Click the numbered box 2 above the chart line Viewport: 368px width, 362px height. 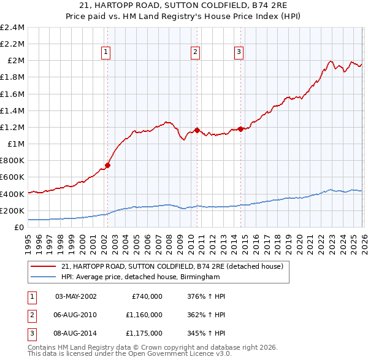(195, 53)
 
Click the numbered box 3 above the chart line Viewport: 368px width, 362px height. (238, 53)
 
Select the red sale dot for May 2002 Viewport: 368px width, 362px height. (107, 165)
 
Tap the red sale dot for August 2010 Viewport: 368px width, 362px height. (197, 130)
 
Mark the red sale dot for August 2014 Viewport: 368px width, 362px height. (240, 129)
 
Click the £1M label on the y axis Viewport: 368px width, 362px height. (16, 144)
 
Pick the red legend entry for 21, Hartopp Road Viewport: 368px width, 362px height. (172, 267)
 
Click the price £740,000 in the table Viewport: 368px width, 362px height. (147, 296)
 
